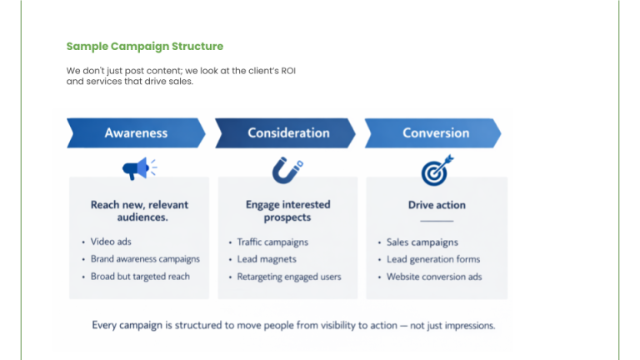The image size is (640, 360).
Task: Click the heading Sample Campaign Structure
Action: [x=145, y=47]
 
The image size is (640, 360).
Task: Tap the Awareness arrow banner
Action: [x=136, y=133]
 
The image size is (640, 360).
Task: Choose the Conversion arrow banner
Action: [x=435, y=133]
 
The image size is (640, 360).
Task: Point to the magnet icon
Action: [x=287, y=170]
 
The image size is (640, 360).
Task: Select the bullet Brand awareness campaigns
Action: [x=145, y=259]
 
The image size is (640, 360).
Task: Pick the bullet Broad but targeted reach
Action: [x=140, y=277]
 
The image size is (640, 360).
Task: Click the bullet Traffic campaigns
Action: [x=272, y=242]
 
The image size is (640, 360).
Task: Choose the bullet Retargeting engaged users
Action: [x=289, y=277]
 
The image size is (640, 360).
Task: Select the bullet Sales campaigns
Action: [x=422, y=242]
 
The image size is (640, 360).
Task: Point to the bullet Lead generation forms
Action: [x=433, y=259]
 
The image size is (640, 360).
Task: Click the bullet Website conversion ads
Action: [x=434, y=277]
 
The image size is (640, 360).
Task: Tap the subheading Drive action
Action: [x=437, y=205]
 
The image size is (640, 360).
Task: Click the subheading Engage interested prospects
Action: [x=287, y=211]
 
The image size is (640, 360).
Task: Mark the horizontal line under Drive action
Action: [x=437, y=221]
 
